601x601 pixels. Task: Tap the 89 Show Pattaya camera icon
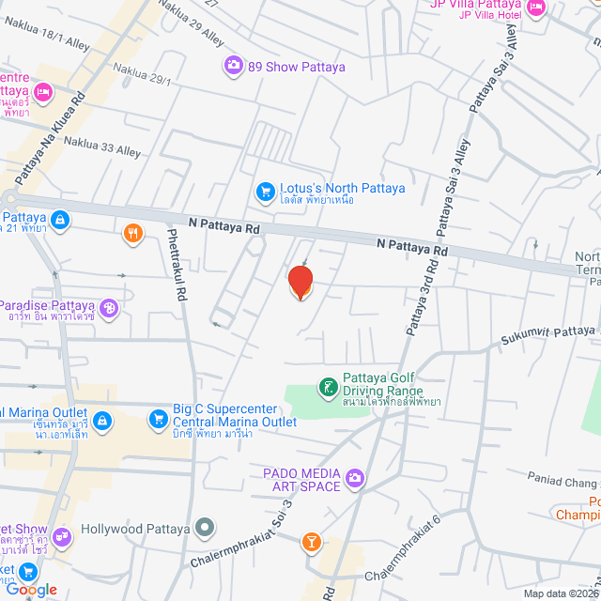(232, 66)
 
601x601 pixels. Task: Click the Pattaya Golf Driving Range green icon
(327, 386)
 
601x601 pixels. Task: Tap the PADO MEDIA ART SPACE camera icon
(354, 479)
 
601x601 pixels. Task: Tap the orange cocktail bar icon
(311, 542)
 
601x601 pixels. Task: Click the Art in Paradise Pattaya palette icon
(109, 307)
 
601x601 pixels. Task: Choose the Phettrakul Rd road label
(177, 265)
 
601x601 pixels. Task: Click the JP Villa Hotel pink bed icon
(536, 9)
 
